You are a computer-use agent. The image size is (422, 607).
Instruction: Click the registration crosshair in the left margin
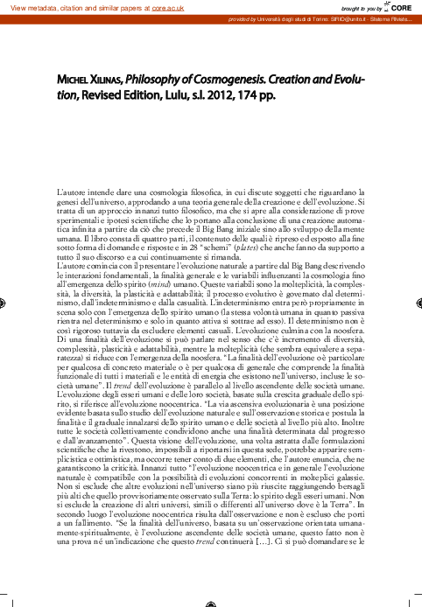click(7, 303)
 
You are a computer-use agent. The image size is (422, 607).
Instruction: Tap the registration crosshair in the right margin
click(415, 303)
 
